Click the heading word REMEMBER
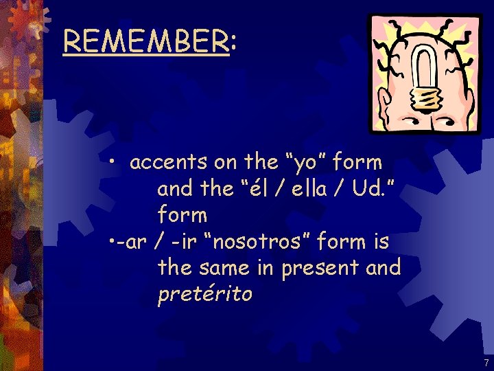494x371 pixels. pyautogui.click(x=145, y=42)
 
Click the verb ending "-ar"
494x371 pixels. pyautogui.click(x=126, y=242)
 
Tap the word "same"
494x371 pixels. pyautogui.click(x=223, y=268)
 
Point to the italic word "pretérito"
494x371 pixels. pyautogui.click(x=204, y=295)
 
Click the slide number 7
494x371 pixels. pyautogui.click(x=486, y=362)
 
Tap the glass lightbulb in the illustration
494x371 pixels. pyautogui.click(x=419, y=69)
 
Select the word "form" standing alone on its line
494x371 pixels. pyautogui.click(x=182, y=215)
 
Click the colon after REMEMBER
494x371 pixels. pyautogui.click(x=234, y=43)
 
